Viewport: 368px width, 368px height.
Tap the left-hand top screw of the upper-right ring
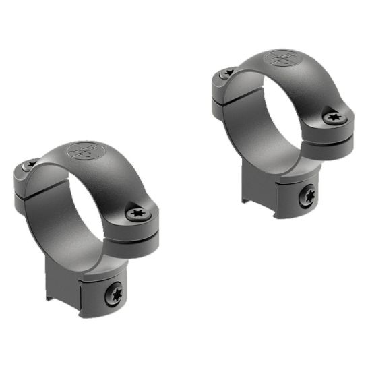pos(228,72)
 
